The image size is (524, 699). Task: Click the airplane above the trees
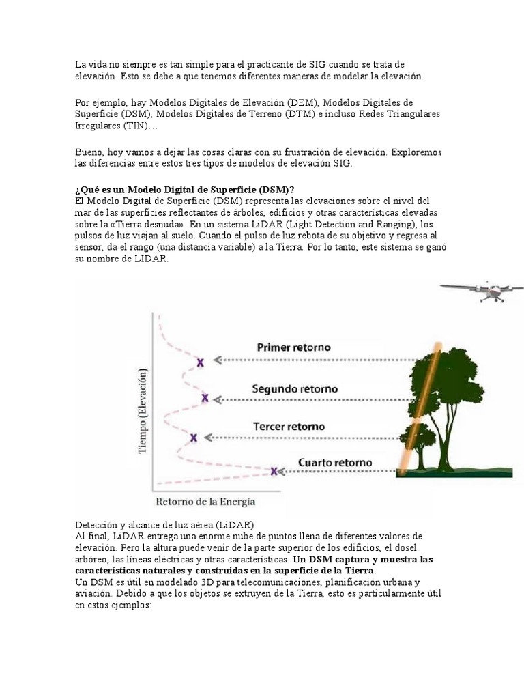click(x=482, y=291)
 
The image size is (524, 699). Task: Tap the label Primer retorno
click(x=293, y=347)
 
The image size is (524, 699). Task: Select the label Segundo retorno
click(x=295, y=388)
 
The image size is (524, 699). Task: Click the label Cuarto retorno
click(x=335, y=462)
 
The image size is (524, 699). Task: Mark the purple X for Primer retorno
click(x=200, y=363)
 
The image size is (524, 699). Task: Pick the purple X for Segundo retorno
click(x=205, y=397)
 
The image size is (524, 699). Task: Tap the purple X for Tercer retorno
click(x=194, y=437)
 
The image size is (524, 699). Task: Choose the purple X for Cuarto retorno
click(x=274, y=471)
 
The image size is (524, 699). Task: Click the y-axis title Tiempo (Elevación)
click(x=143, y=412)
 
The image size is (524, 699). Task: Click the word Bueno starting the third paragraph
click(x=89, y=152)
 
